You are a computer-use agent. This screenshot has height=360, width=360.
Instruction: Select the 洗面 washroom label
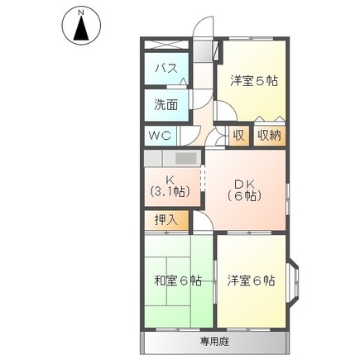(x=166, y=105)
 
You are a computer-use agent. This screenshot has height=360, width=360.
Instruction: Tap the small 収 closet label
(x=238, y=135)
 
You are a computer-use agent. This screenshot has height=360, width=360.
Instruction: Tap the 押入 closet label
(x=166, y=220)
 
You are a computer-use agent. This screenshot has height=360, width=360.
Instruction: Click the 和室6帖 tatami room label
(x=177, y=281)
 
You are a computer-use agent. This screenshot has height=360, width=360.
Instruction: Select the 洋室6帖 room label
(x=251, y=281)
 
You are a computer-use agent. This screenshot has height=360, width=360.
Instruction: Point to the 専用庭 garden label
(x=214, y=340)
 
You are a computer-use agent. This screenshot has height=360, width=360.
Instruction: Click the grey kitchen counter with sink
(x=173, y=157)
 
